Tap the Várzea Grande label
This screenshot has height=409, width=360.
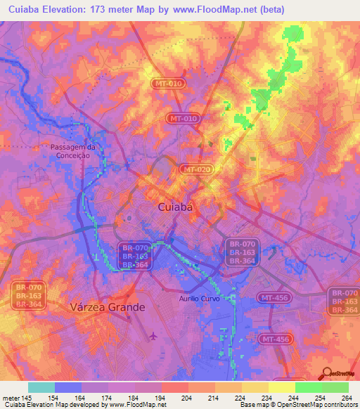tap(108, 307)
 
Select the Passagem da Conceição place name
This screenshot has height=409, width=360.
tap(72, 151)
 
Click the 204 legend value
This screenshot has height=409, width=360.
tap(188, 398)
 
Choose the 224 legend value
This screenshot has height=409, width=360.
tap(239, 398)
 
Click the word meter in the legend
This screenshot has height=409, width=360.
tap(11, 398)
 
